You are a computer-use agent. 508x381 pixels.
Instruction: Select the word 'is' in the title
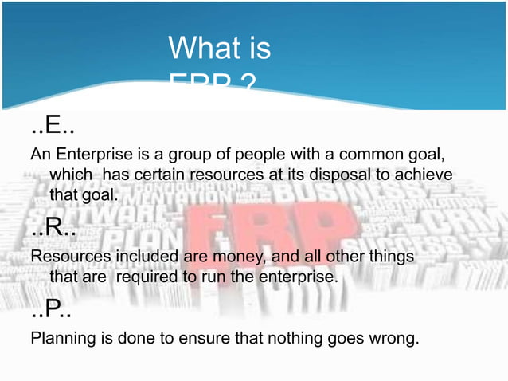click(x=257, y=49)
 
